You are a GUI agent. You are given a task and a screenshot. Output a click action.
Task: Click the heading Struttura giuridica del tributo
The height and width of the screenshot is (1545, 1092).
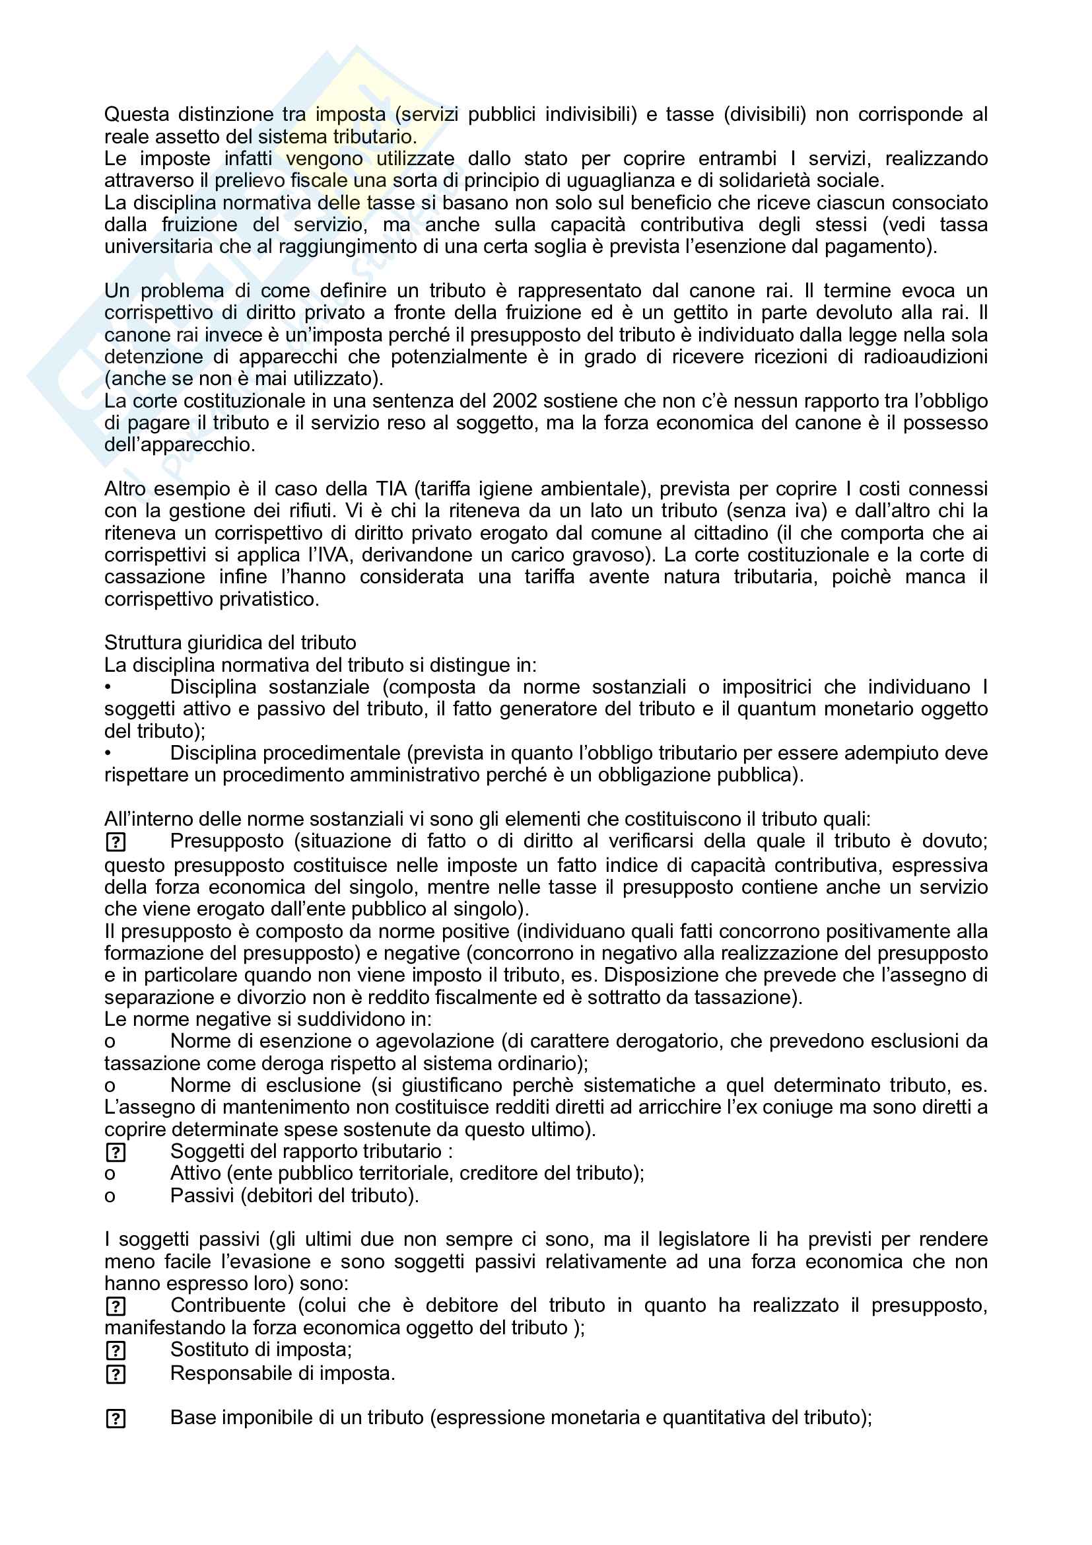click(230, 643)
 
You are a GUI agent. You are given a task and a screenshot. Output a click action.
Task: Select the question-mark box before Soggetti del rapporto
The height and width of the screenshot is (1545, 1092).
click(116, 1153)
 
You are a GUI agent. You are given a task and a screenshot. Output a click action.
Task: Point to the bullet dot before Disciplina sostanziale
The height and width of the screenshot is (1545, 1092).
click(108, 687)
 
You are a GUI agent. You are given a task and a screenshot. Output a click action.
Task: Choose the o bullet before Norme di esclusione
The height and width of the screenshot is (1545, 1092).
click(110, 1086)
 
